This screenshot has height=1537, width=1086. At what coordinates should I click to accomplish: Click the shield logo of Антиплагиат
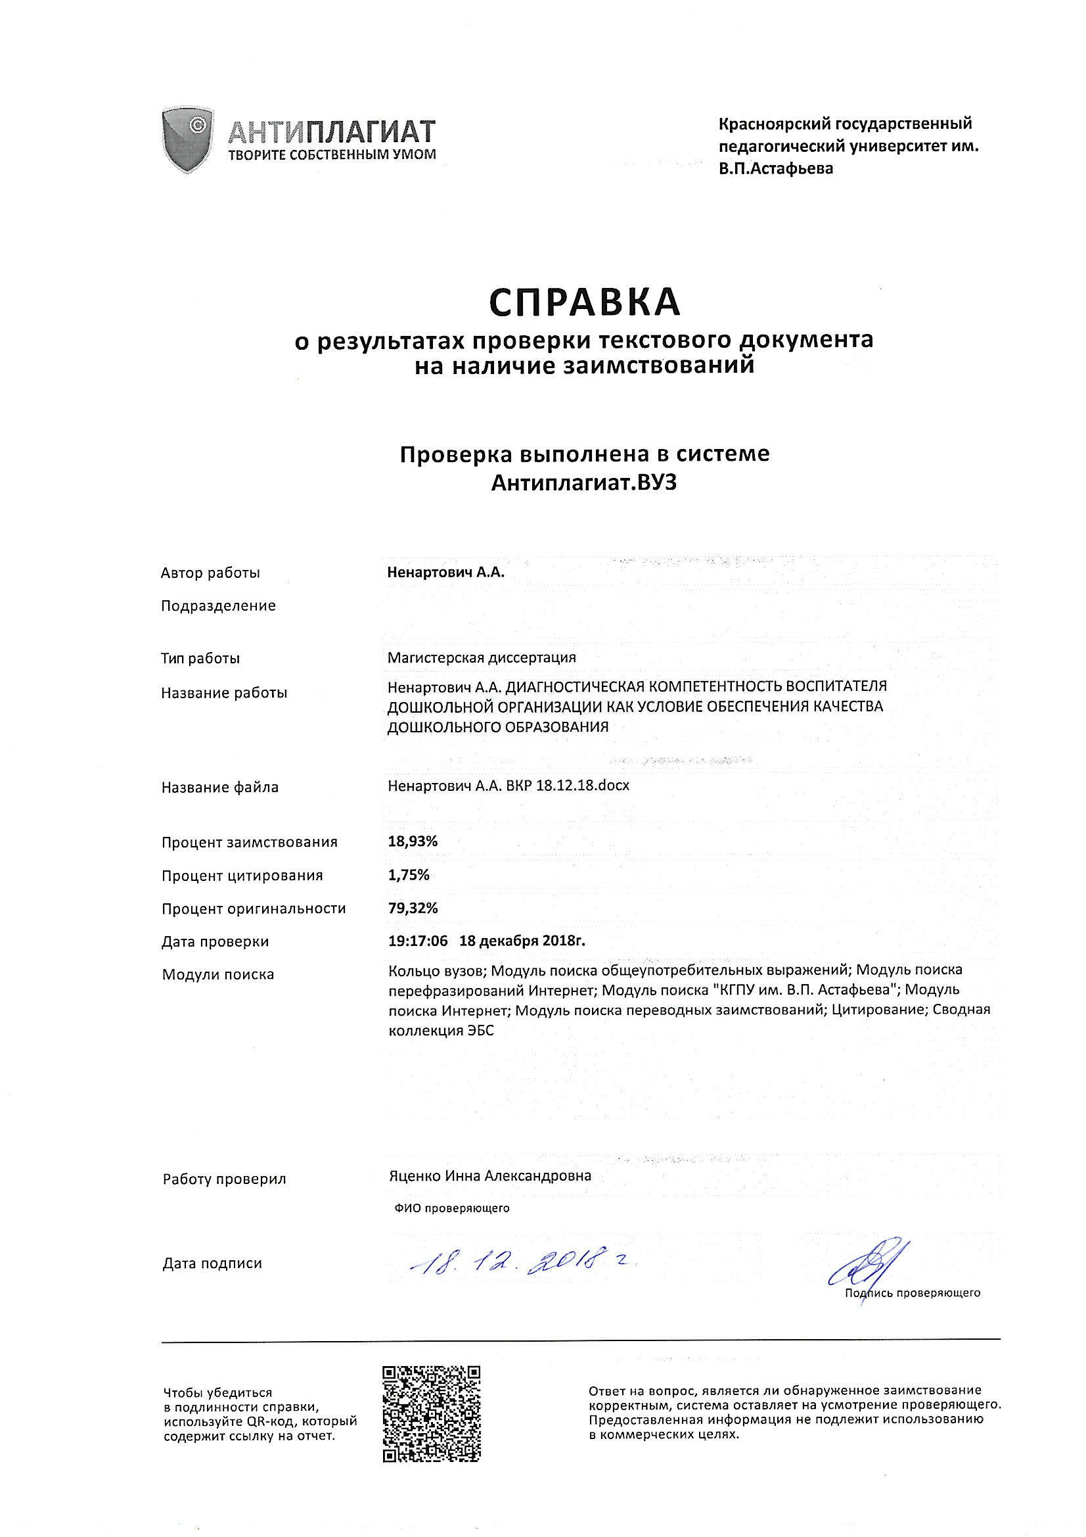pos(188,140)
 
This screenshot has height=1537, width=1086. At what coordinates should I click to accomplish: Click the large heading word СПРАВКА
pos(584,302)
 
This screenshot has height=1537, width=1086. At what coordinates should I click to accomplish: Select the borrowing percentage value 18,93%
pos(413,841)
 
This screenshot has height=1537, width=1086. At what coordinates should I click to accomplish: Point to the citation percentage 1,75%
pos(409,875)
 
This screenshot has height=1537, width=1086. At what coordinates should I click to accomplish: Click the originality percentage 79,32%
pos(413,908)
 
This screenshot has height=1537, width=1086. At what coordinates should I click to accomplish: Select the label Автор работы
pos(211,573)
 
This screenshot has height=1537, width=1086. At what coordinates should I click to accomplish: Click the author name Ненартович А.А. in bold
pos(445,573)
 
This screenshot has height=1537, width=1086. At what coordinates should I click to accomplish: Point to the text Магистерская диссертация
pos(482,657)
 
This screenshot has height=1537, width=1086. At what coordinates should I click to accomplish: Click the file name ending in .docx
pos(509,786)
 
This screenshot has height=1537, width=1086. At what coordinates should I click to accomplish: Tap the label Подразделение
pos(218,606)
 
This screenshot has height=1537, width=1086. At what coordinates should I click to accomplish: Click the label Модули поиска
pos(218,975)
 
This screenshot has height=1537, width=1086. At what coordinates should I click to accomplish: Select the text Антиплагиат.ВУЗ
pos(584,483)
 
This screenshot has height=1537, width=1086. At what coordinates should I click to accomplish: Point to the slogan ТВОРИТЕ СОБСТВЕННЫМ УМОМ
pos(332,155)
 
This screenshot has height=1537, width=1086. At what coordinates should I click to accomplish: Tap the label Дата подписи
pos(212,1264)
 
